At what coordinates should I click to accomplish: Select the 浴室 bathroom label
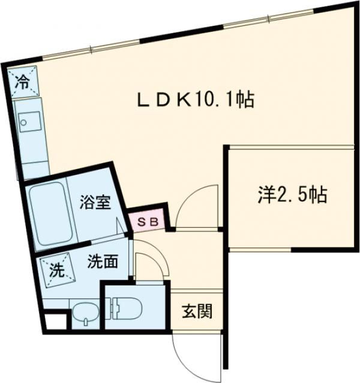click(95, 202)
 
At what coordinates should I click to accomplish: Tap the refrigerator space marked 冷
click(23, 80)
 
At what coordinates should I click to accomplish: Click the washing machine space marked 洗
click(55, 269)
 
